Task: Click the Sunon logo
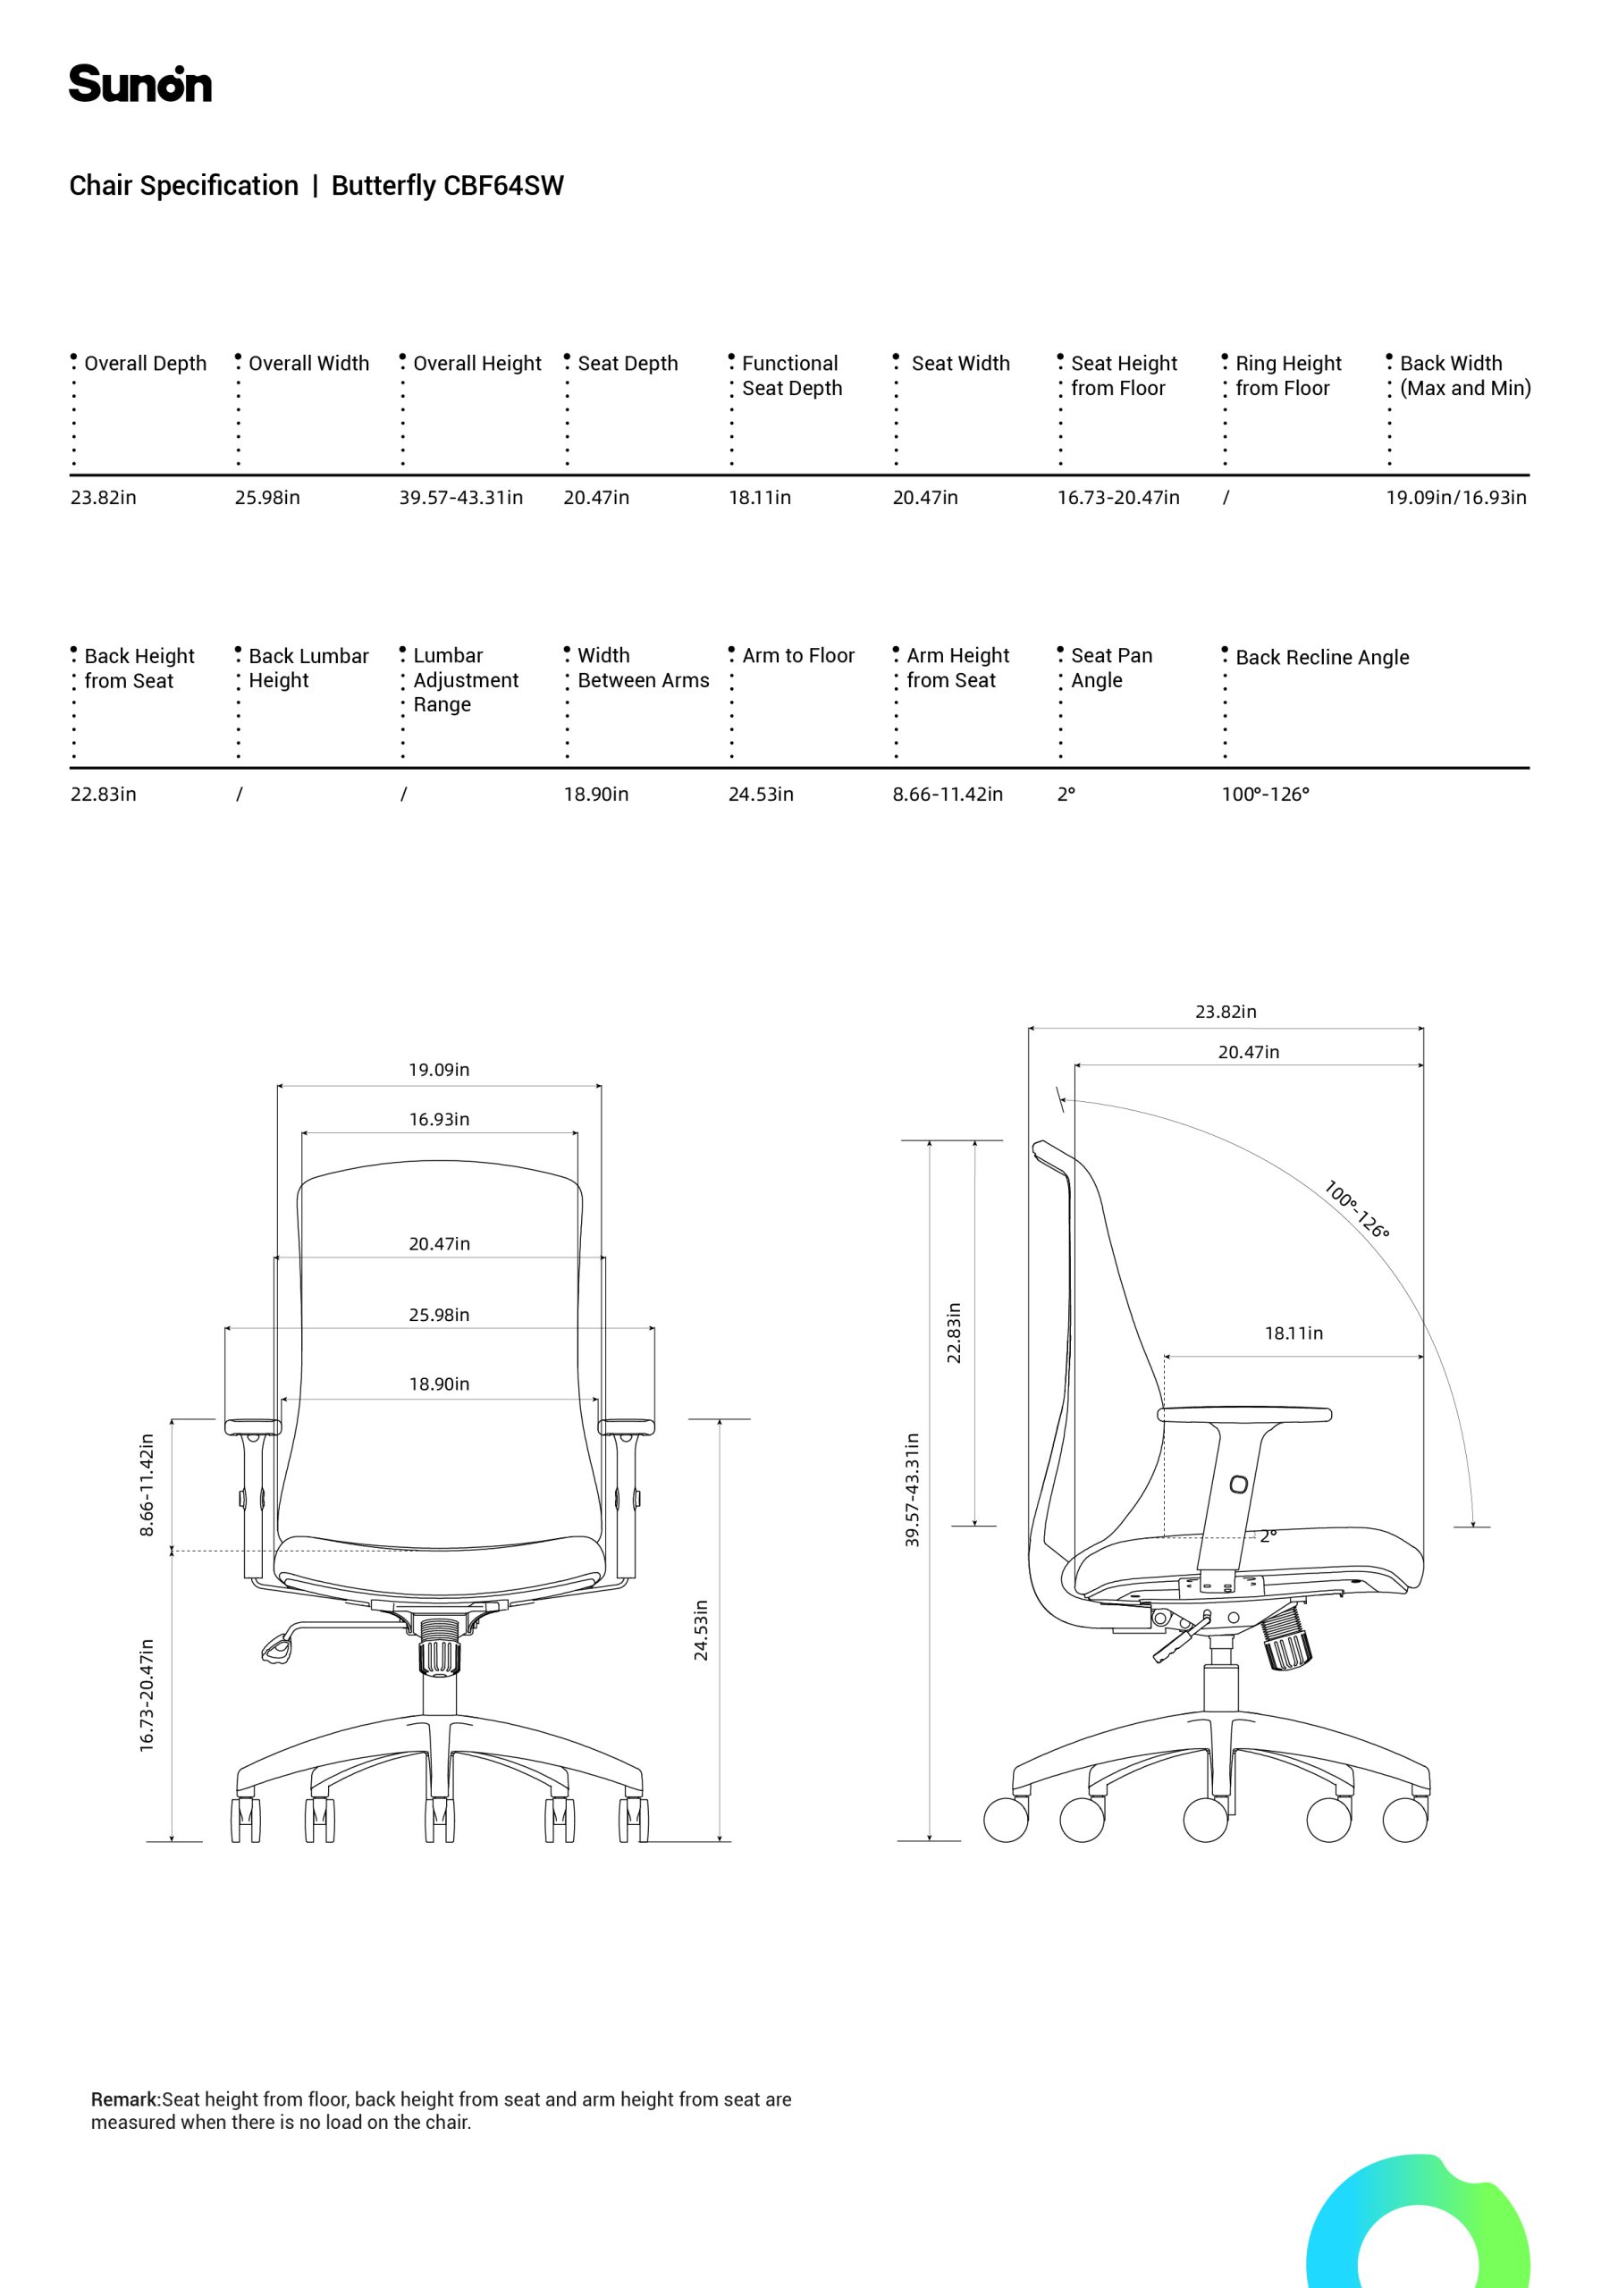[139, 84]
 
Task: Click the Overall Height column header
[476, 364]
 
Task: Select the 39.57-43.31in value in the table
[460, 497]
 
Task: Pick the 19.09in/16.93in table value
[1455, 497]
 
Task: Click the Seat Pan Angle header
[1111, 668]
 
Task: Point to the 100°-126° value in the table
[1265, 795]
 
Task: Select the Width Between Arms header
[643, 668]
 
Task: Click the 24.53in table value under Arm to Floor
[761, 795]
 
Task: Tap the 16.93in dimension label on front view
[439, 1119]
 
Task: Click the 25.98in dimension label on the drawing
[439, 1315]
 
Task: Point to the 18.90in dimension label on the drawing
[439, 1384]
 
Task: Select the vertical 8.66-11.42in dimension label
[147, 1485]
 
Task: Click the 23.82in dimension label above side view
[1226, 1012]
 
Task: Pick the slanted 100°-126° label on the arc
[1356, 1208]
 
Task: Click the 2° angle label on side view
[1267, 1535]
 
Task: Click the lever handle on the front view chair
[278, 1648]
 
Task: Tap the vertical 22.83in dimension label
[954, 1333]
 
